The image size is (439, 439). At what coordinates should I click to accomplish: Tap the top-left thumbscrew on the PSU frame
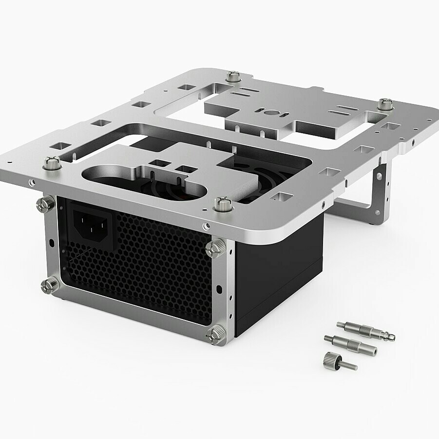pos(46,204)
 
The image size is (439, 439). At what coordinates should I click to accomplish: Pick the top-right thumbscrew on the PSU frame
pos(215,248)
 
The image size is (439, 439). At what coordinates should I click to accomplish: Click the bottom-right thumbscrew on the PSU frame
pos(215,335)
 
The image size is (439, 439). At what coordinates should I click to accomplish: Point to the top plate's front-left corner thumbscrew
pos(52,162)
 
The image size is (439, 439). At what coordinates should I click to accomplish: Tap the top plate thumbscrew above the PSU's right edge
pos(223,204)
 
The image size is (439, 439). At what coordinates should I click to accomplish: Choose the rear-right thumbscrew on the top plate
pos(385,104)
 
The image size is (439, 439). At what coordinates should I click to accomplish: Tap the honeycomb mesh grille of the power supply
pos(141,273)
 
